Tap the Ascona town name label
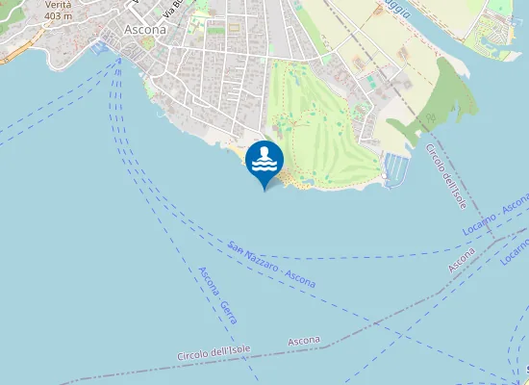coord(145,30)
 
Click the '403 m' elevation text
coord(58,15)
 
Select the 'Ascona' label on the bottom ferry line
coord(304,342)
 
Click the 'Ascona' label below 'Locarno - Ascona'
coord(462,259)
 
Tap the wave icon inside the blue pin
coord(264,158)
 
